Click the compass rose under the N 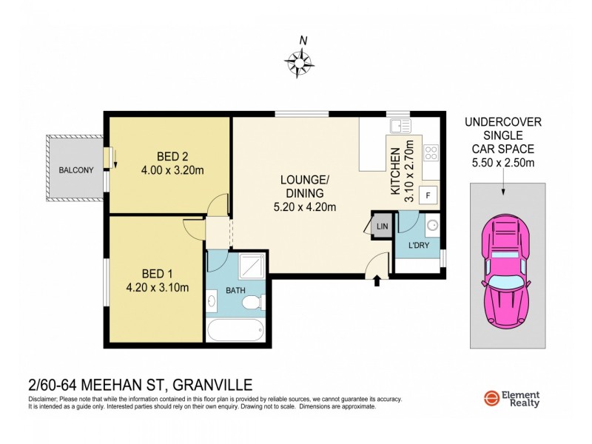[300, 62]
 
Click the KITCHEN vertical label [395, 169]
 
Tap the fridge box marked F [427, 195]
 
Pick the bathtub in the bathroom [235, 330]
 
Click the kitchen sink [400, 126]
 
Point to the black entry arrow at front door [378, 280]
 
